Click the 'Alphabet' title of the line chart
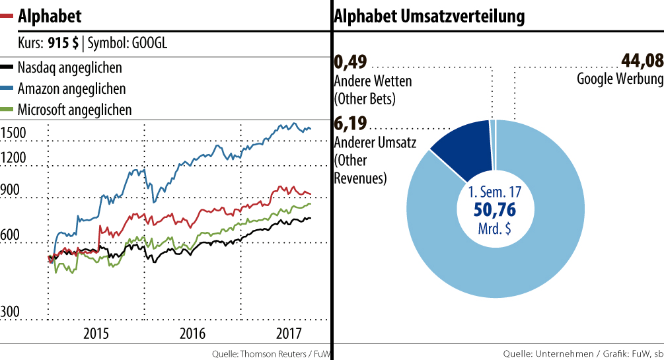50,15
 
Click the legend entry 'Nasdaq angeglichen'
69,67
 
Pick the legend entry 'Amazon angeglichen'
71,89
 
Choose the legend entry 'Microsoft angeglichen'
75,110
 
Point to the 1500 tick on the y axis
13,133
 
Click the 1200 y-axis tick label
13,158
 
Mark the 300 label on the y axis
11,311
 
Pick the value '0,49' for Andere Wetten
350,63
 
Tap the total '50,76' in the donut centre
495,211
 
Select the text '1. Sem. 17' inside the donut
495,194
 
